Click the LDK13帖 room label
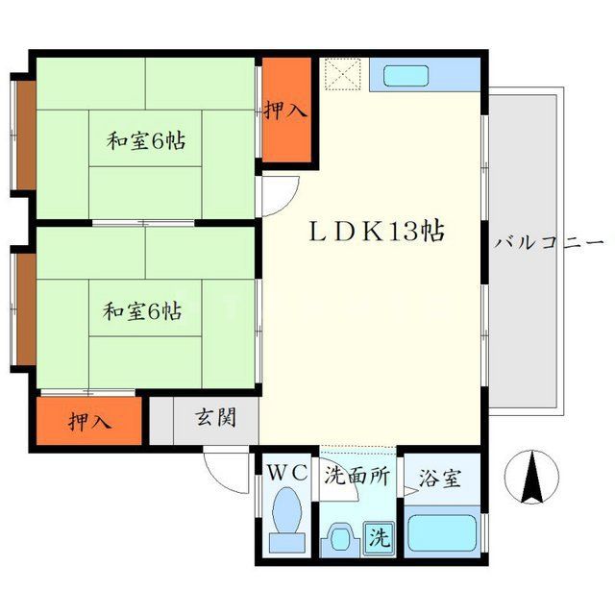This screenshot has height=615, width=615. point(376,232)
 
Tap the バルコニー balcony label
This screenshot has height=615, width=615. point(549,242)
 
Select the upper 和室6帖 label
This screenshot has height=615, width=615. point(145,141)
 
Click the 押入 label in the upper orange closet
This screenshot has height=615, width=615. point(286,111)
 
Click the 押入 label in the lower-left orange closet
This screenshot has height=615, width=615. point(88,421)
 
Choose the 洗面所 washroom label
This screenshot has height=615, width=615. point(356,475)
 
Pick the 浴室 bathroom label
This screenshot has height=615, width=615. point(440,478)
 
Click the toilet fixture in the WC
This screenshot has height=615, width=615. point(286,519)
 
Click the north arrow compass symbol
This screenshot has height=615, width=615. point(533,477)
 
